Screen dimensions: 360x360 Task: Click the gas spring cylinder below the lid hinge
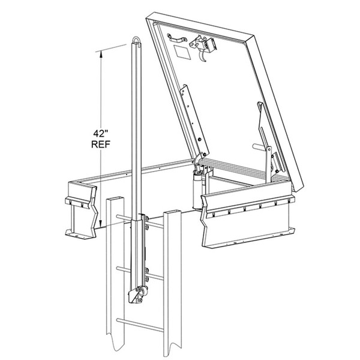pyautogui.click(x=197, y=186)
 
